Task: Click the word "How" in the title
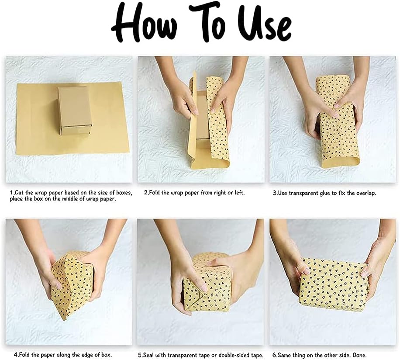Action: tap(144, 24)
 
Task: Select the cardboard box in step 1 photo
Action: tap(75, 111)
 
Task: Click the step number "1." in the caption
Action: tap(12, 193)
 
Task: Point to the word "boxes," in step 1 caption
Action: tap(124, 193)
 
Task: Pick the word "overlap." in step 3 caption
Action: tap(366, 193)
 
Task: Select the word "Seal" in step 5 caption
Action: tap(149, 355)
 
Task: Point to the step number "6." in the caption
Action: tap(275, 355)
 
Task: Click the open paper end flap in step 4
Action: tap(69, 283)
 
